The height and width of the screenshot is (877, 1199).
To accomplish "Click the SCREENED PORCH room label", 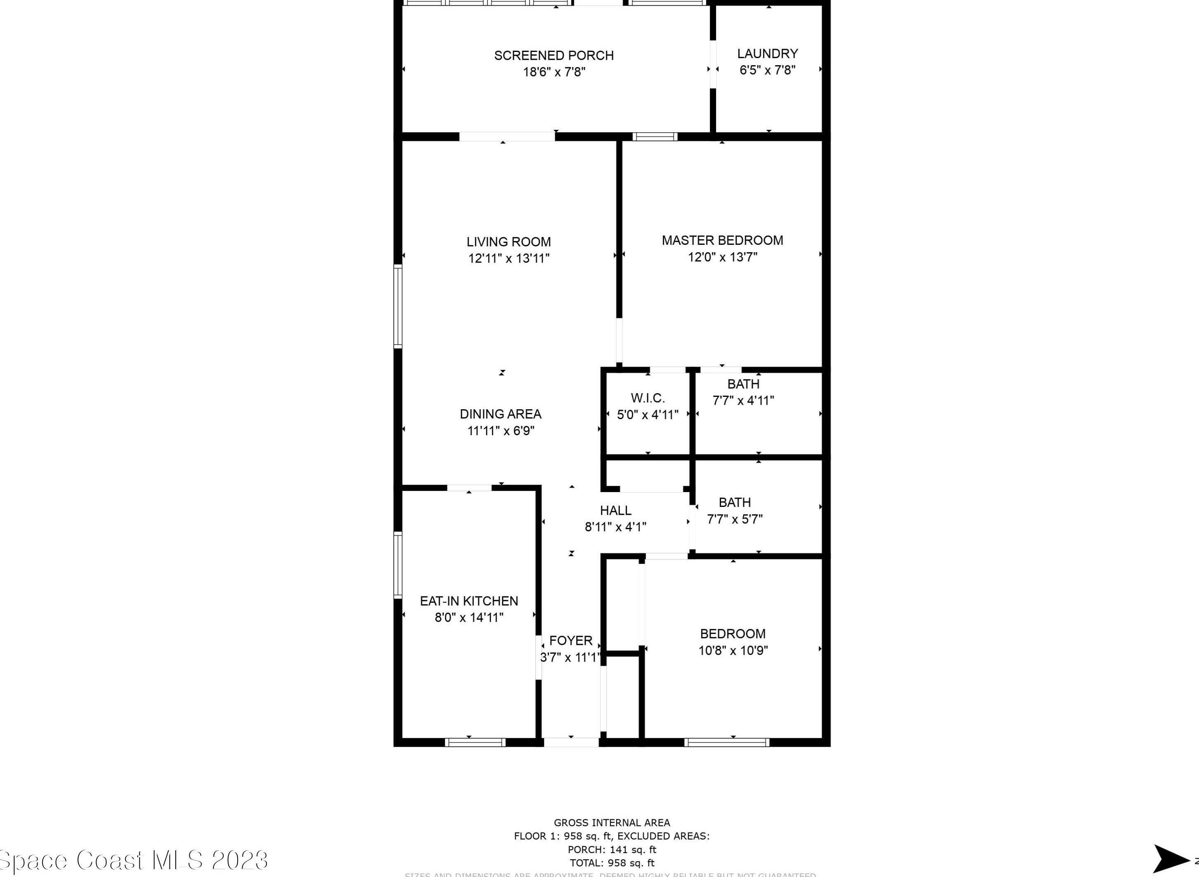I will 554,55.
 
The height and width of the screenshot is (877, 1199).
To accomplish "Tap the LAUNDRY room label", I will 767,54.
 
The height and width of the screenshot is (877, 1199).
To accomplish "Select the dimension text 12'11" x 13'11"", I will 509,258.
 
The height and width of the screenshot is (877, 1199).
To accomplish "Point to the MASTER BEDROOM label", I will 722,241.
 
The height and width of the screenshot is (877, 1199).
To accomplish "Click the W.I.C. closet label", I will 648,398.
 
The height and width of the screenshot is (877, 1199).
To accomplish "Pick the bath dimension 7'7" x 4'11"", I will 743,400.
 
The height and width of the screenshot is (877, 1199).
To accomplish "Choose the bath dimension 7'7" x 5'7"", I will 734,519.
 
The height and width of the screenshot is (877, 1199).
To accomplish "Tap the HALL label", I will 615,510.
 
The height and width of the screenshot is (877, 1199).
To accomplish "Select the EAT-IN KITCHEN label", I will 469,601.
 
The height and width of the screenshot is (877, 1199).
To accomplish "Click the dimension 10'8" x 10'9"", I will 733,650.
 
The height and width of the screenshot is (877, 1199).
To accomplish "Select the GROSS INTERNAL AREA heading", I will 611,823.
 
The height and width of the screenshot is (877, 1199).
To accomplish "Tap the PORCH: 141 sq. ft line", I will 611,849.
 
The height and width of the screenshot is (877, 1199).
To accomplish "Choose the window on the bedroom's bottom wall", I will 726,742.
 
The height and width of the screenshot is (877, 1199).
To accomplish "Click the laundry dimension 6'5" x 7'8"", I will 767,70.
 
